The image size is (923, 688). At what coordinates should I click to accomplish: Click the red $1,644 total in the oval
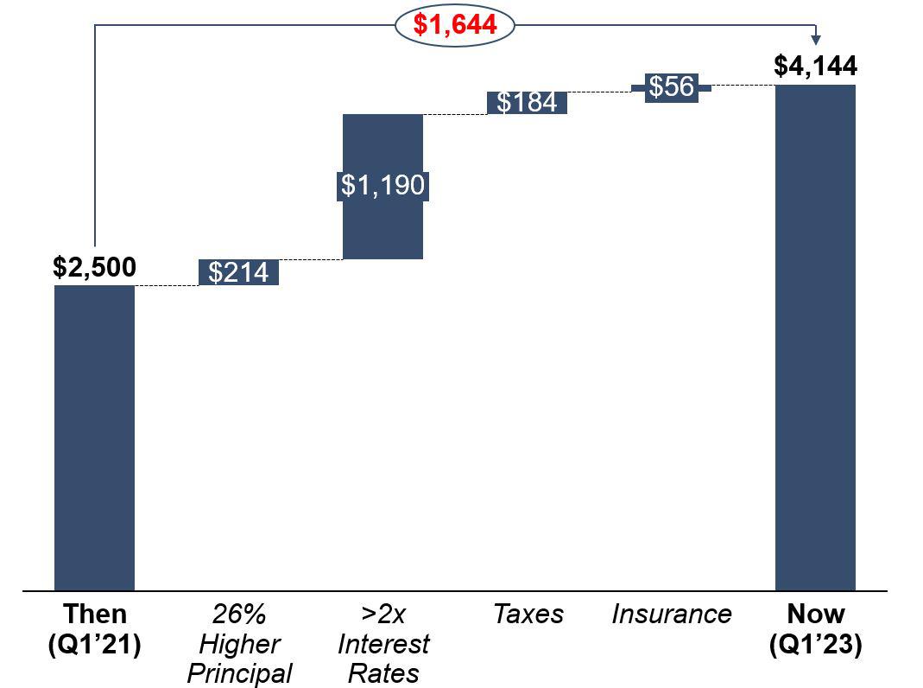tap(455, 25)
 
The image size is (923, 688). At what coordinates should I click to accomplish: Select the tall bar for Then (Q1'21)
tap(94, 436)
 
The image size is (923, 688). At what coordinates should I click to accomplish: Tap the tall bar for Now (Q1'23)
tap(815, 337)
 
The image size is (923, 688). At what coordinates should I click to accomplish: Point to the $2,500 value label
tap(94, 268)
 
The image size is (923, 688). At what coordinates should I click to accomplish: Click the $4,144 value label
tap(815, 67)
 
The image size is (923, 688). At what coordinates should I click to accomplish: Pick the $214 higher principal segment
tap(239, 272)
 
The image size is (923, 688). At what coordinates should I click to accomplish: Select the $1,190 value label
tap(382, 185)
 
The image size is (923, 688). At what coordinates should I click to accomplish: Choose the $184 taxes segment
tap(527, 102)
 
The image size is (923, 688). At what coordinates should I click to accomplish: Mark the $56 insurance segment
tap(671, 86)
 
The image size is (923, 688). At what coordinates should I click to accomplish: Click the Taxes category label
tap(528, 615)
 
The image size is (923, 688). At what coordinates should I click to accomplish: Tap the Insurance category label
tap(671, 615)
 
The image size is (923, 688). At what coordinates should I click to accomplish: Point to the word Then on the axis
tap(94, 615)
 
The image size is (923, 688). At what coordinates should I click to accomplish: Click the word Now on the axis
tap(815, 615)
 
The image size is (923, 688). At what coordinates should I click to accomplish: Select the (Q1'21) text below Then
tap(94, 645)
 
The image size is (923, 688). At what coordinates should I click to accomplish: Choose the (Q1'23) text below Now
tap(815, 645)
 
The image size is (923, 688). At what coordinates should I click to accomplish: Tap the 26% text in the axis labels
tap(239, 615)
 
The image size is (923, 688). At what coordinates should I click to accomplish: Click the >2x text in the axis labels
tap(382, 615)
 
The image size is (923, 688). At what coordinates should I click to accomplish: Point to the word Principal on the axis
tap(239, 673)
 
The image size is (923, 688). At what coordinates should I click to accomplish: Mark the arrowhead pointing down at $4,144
tap(816, 40)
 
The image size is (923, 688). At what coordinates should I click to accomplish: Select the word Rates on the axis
tap(382, 673)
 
